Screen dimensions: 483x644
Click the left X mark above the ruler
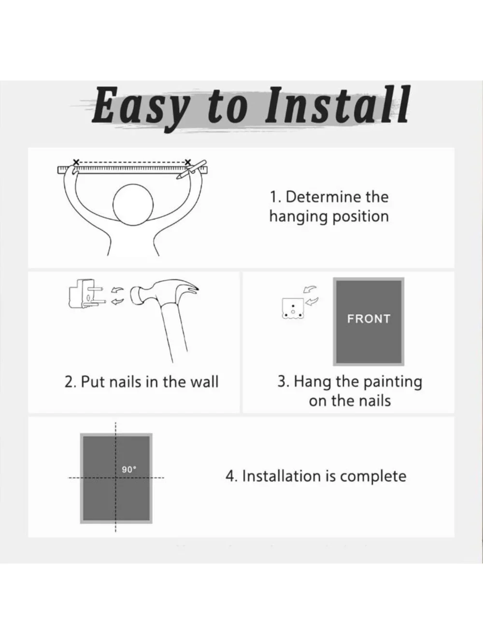point(76,162)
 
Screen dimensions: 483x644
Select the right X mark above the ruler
point(188,162)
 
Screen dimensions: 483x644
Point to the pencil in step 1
point(191,170)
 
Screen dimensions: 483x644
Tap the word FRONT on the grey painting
point(369,319)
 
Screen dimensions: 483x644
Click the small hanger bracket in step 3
point(293,308)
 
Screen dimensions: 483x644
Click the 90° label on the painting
point(129,470)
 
